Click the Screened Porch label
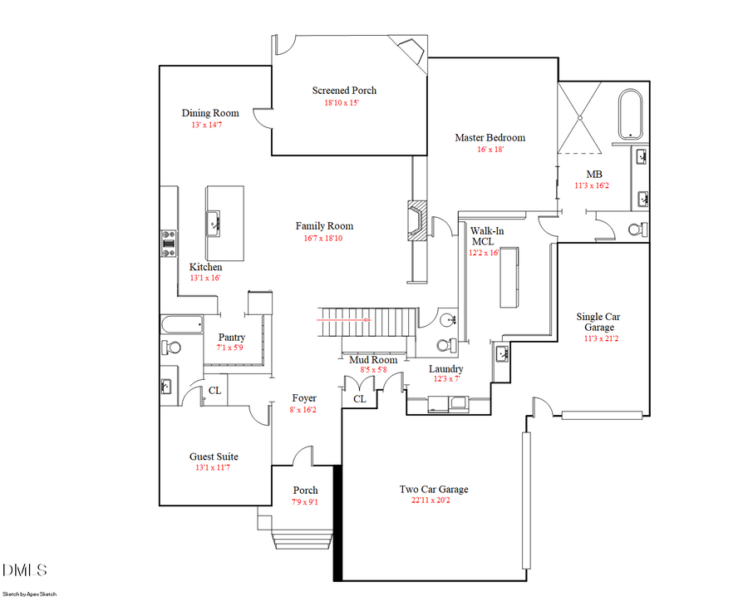tap(344, 91)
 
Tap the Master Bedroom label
tap(490, 137)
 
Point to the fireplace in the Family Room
tap(417, 221)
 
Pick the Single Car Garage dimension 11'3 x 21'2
tap(598, 339)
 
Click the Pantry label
tap(231, 337)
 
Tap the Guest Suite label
tap(214, 456)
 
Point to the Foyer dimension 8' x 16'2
tap(303, 410)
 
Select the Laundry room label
tap(445, 368)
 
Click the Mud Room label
tap(372, 359)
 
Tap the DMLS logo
tap(25, 570)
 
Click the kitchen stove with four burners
tap(168, 243)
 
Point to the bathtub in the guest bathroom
tap(181, 323)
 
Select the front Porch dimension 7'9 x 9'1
tap(305, 502)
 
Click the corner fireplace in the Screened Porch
tap(411, 50)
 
